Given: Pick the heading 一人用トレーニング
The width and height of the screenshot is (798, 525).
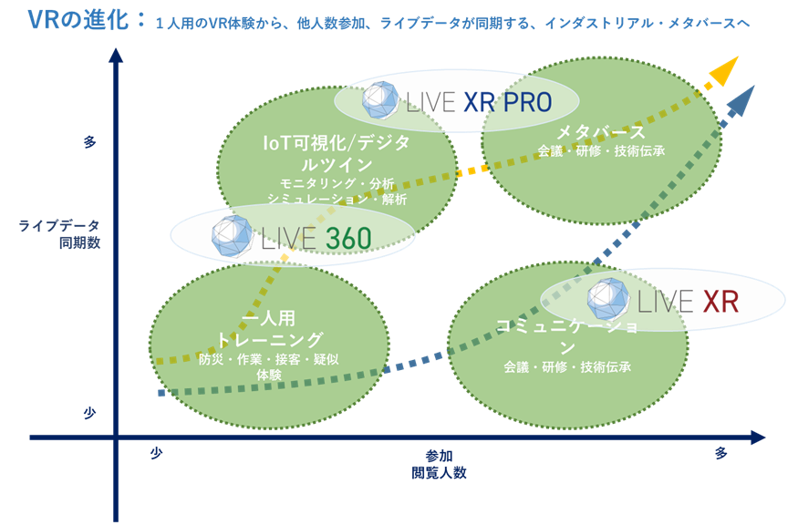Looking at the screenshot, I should click(269, 330).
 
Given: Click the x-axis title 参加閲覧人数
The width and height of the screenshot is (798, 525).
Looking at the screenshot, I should click(438, 464).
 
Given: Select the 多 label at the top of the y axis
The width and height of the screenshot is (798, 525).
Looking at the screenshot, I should click(89, 142).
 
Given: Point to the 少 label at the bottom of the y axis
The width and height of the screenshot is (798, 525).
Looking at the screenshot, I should click(89, 413).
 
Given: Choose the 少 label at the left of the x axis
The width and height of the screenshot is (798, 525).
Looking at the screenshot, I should click(156, 453).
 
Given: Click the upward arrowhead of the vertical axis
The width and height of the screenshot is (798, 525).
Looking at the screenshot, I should click(116, 57).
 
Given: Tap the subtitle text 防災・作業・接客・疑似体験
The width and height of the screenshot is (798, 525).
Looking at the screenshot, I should click(268, 366).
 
